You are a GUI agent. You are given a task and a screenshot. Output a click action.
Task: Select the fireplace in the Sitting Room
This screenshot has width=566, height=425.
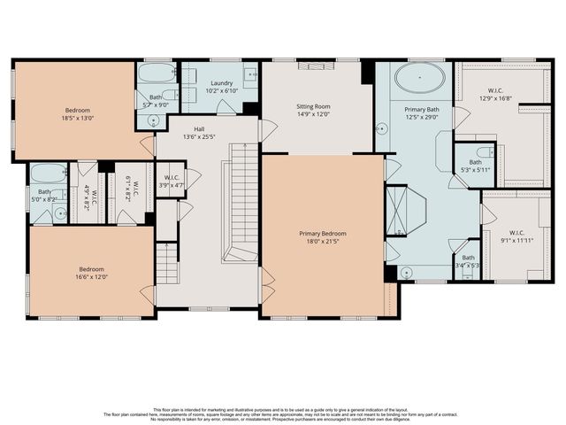click(316, 65)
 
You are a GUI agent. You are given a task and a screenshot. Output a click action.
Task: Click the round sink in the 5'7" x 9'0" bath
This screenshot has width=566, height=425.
click(153, 121)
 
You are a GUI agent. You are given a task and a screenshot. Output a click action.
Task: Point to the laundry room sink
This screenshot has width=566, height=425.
click(249, 74)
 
